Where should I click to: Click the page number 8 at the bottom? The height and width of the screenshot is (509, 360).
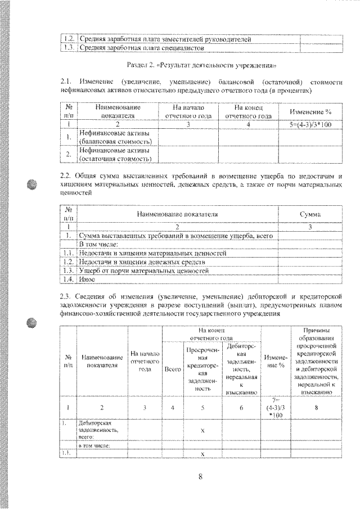pyautogui.click(x=200, y=478)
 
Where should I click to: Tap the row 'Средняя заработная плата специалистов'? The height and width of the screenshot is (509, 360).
pyautogui.click(x=141, y=48)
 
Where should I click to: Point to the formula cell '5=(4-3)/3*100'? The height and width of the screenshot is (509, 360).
pyautogui.click(x=310, y=124)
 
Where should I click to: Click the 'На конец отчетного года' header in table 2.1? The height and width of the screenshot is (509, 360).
pyautogui.click(x=247, y=111)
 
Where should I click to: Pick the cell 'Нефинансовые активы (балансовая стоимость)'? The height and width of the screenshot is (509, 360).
pyautogui.click(x=117, y=138)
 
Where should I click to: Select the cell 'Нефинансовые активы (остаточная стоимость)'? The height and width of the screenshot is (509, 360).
pyautogui.click(x=117, y=155)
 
